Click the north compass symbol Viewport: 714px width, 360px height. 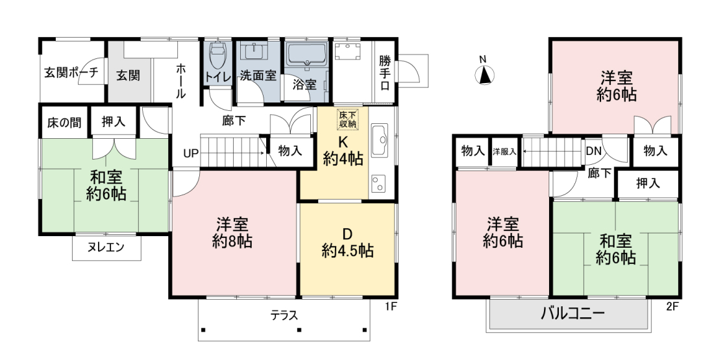pyautogui.click(x=486, y=75)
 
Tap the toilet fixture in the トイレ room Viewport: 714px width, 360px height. pyautogui.click(x=217, y=56)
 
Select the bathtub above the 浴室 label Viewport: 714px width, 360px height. pyautogui.click(x=306, y=54)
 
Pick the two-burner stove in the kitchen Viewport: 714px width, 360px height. pyautogui.click(x=379, y=184)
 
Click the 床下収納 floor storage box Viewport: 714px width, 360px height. pyautogui.click(x=347, y=119)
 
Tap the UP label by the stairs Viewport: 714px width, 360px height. pyautogui.click(x=191, y=153)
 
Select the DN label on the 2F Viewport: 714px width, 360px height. pyautogui.click(x=594, y=151)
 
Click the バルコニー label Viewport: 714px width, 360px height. pyautogui.click(x=572, y=313)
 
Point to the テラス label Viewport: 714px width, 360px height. pyautogui.click(x=284, y=315)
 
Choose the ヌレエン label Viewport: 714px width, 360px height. pyautogui.click(x=106, y=247)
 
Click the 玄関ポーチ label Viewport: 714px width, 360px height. pyautogui.click(x=71, y=73)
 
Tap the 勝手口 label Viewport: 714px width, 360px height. pyautogui.click(x=385, y=73)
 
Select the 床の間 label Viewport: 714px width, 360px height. pyautogui.click(x=64, y=123)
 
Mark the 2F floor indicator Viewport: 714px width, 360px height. pyautogui.click(x=672, y=306)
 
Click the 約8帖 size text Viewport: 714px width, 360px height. pyautogui.click(x=232, y=241)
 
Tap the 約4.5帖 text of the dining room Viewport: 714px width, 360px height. pyautogui.click(x=347, y=250)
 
